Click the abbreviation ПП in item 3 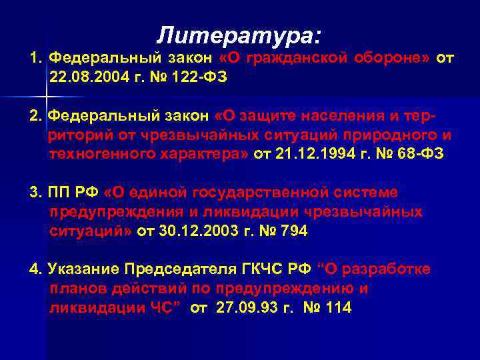pyautogui.click(x=57, y=193)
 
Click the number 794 pyautogui.click(x=294, y=231)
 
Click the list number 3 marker pyautogui.click(x=35, y=193)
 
